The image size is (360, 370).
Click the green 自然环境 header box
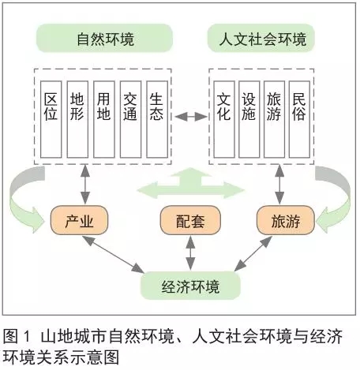[x=104, y=39]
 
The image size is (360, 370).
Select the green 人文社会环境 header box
[x=261, y=39]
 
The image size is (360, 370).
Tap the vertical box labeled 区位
[x=51, y=119]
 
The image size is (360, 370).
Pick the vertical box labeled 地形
[x=77, y=119]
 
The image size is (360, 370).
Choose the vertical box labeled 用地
[x=104, y=119]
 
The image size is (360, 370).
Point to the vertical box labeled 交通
[x=130, y=119]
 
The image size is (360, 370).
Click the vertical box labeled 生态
[x=157, y=119]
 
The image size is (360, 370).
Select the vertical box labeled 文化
[x=224, y=119]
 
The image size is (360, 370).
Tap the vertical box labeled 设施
[x=249, y=119]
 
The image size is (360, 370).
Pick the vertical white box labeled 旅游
[x=274, y=119]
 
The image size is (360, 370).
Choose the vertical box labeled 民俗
[x=299, y=119]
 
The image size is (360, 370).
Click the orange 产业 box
[x=79, y=220]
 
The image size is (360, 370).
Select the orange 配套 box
[x=190, y=220]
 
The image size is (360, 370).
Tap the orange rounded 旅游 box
[x=286, y=220]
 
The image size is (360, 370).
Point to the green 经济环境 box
[x=190, y=286]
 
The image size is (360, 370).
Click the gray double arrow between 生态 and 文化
[x=191, y=116]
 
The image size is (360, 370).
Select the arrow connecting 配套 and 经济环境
[x=190, y=253]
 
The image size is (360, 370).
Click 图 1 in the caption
[x=17, y=336]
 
